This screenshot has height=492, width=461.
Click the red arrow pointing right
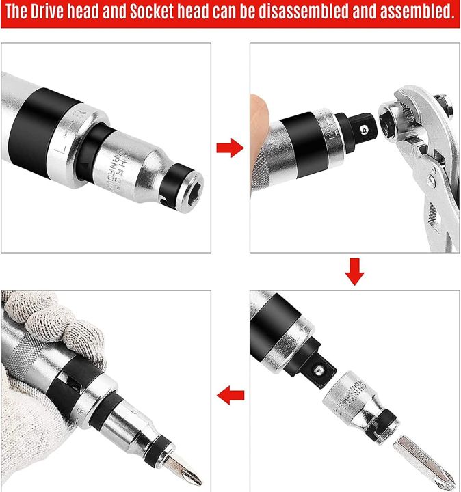(x=230, y=148)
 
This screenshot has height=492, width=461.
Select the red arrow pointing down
(x=354, y=271)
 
